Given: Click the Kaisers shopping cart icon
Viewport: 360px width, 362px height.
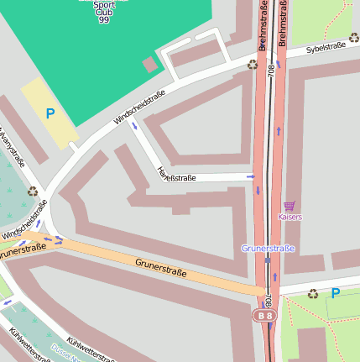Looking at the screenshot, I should [290, 206].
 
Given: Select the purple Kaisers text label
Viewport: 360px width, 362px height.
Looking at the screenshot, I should [290, 218].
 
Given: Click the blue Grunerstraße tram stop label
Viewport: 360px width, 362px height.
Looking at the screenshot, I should [268, 249].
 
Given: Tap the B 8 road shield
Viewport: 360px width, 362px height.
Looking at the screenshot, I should [265, 315].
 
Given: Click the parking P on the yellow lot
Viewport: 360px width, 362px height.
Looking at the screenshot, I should [50, 113].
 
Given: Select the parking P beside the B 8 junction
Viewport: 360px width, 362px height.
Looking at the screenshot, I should [336, 293].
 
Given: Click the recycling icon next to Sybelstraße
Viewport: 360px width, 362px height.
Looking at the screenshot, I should [253, 65].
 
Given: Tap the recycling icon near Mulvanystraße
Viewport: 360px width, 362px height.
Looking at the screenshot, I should [33, 192].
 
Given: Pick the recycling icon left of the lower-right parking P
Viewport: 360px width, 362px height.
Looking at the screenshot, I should [313, 294].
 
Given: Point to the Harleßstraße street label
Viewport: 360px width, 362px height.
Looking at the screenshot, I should [176, 175].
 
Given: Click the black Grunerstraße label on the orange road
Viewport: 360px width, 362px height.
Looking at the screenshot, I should [160, 269].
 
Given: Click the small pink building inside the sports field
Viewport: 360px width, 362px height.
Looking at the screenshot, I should [150, 64].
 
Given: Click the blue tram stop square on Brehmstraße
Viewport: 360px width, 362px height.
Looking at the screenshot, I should [268, 260].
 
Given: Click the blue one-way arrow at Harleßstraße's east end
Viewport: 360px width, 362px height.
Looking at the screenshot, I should [250, 176].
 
